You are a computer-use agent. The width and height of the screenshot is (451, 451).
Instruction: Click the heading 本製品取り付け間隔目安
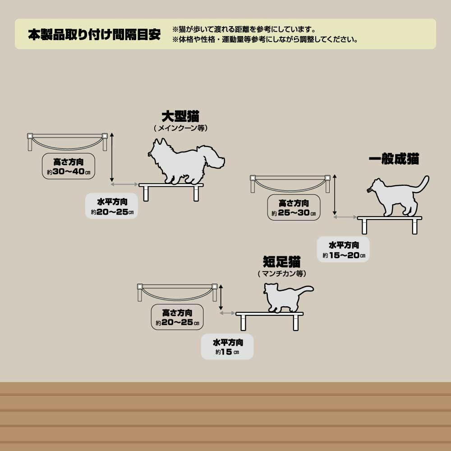[x=94, y=34]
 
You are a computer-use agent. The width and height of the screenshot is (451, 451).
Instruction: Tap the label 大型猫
[x=180, y=116]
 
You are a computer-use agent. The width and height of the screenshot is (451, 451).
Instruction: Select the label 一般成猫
[x=394, y=159]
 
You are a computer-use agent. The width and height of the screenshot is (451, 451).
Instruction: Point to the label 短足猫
[x=281, y=262]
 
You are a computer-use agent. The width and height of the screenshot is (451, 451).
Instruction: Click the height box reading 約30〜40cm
[x=69, y=166]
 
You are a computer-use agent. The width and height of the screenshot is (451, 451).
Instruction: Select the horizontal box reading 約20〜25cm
[x=111, y=206]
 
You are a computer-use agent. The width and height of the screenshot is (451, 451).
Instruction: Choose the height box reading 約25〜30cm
[x=294, y=207]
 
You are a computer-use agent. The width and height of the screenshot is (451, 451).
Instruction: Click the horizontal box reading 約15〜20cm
[x=343, y=249]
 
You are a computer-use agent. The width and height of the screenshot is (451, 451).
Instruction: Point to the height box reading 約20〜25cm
[x=177, y=317]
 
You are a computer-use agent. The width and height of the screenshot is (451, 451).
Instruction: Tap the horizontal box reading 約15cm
[x=227, y=346]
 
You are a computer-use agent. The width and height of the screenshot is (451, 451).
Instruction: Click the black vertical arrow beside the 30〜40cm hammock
[x=112, y=157]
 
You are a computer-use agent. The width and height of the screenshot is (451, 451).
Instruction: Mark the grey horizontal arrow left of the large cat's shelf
[x=124, y=184]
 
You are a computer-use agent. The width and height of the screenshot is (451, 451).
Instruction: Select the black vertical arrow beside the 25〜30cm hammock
[x=335, y=195]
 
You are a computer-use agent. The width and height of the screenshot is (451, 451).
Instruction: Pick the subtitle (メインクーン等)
[x=181, y=128]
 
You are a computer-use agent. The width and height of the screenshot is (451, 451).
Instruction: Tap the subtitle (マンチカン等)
[x=282, y=273]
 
